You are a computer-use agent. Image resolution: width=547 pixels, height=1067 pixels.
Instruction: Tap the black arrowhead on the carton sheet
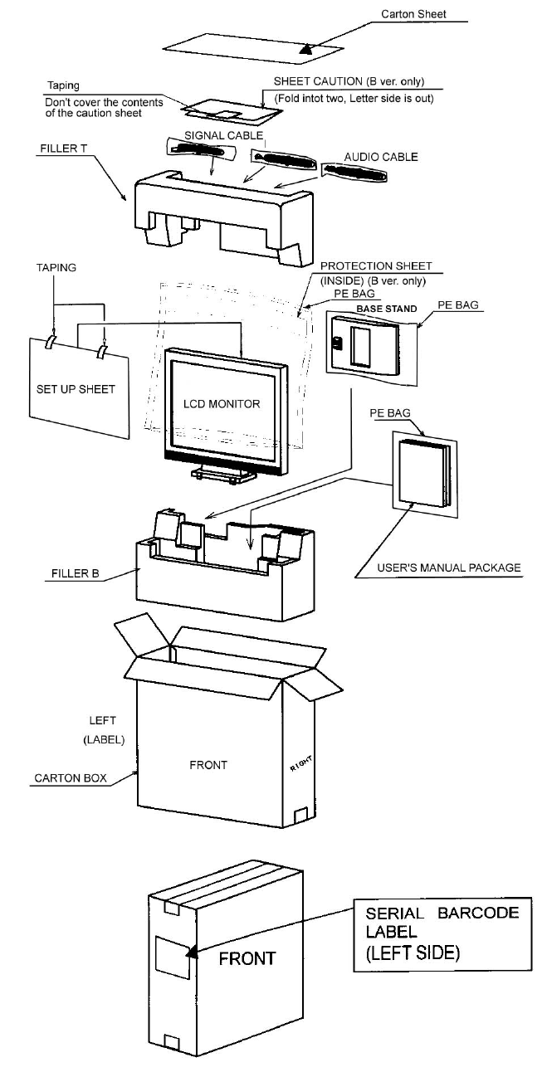pos(307,49)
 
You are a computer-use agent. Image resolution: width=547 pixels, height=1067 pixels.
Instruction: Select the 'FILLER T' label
pos(61,152)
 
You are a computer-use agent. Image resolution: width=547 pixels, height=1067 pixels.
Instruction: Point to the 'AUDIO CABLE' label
pos(381,155)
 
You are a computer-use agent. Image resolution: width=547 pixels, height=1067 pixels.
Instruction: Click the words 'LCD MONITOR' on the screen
pos(222,404)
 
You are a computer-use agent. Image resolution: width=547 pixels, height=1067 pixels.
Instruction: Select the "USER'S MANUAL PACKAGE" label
pos(449,568)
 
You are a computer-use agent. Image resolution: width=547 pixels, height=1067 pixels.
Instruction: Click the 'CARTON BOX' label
pos(67,779)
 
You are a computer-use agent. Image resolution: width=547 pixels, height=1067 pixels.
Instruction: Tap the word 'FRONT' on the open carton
pos(208,764)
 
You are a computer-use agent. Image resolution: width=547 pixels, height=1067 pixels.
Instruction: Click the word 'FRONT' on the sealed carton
pos(247,958)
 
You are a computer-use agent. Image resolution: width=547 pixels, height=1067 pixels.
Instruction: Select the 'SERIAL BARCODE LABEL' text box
pos(442,933)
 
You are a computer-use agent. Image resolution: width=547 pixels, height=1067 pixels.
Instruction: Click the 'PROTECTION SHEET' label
pos(376,266)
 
